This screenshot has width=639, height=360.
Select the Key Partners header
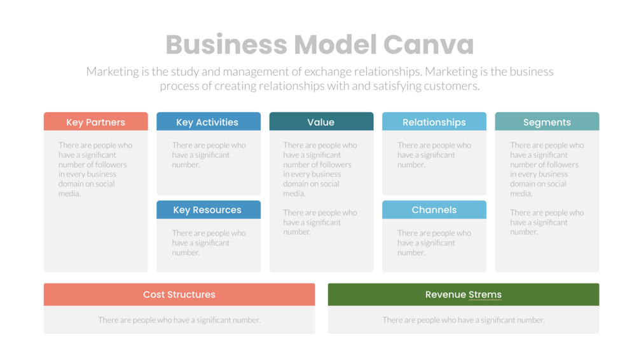95,122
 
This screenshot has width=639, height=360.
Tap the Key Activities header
208,122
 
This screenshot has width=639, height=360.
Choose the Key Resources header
208,210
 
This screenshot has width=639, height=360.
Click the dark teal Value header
321,122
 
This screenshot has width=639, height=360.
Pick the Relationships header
434,122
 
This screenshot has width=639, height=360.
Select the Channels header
434,210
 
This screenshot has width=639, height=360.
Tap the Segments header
547,122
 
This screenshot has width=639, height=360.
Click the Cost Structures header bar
179,294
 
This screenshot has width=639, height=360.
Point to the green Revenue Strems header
464,294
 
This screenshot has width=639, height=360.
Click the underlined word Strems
485,294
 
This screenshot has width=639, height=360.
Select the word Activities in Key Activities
217,122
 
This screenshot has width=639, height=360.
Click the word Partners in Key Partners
106,122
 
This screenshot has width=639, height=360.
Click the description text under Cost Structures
179,320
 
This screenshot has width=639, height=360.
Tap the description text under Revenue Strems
464,320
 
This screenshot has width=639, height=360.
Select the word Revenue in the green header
446,294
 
